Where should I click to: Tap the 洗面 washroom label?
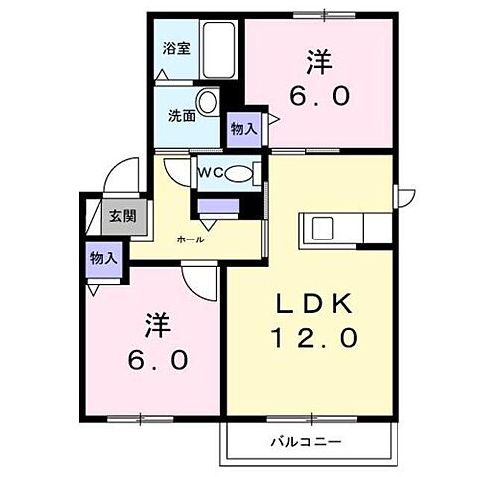pos(180,114)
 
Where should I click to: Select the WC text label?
pos(211,173)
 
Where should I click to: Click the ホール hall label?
pos(190,239)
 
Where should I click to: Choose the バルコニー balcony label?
pos(305,440)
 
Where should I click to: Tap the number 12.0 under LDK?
pos(313,338)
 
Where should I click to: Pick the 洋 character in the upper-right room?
pos(318,62)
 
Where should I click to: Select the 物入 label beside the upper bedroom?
pos(242,127)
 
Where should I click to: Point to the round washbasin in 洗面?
pos(208,102)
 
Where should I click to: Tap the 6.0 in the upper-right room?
pos(319,97)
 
